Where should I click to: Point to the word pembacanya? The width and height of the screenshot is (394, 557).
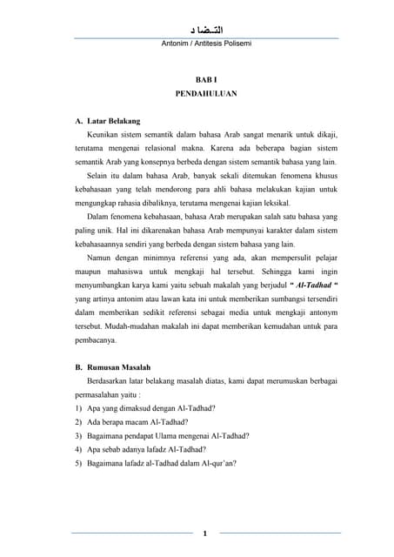(x=97, y=352)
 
